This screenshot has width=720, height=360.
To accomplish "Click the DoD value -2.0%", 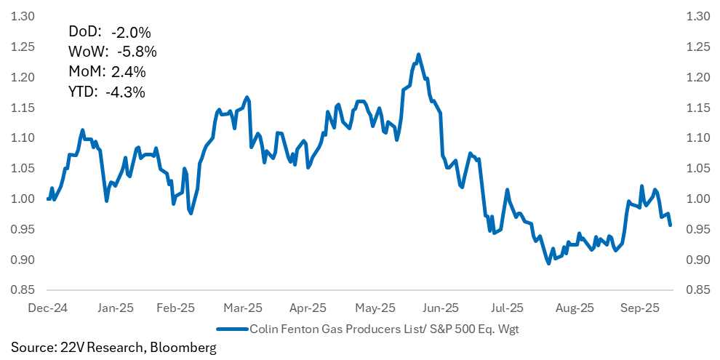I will (131, 32).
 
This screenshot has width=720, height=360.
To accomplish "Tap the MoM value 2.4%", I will (129, 72).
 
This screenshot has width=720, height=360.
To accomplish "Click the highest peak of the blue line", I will (418, 55).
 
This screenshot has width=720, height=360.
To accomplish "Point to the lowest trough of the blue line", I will (548, 263).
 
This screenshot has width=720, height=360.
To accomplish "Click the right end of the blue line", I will (670, 225).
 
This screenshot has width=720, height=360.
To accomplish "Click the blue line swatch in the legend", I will (232, 328).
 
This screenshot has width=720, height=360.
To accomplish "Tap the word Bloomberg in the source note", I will (183, 348).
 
